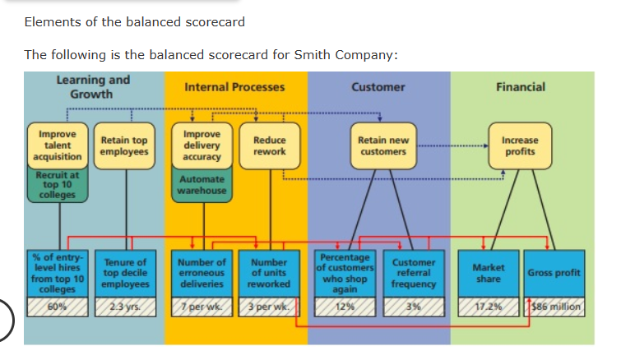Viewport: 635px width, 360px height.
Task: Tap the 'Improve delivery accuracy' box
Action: pos(202,145)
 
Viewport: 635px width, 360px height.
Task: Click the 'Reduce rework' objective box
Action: pos(269,145)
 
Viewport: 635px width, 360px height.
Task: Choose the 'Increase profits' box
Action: pos(519,145)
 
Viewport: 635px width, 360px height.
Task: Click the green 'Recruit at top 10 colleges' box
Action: pos(56,184)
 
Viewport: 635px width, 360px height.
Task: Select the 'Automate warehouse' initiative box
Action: pos(202,184)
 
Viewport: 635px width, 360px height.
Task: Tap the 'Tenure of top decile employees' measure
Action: pos(125,274)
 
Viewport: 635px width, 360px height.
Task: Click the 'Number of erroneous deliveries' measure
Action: pos(202,274)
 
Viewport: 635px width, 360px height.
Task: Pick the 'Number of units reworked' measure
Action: pos(269,274)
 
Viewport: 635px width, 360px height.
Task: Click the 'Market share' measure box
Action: pos(489,273)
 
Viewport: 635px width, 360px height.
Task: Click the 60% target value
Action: pos(57,307)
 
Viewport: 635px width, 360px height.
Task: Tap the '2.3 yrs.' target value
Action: pos(125,307)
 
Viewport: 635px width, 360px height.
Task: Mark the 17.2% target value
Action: pos(489,307)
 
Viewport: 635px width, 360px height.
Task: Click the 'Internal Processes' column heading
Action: pos(234,86)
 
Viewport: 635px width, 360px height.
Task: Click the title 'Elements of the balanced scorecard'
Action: pos(135,21)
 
